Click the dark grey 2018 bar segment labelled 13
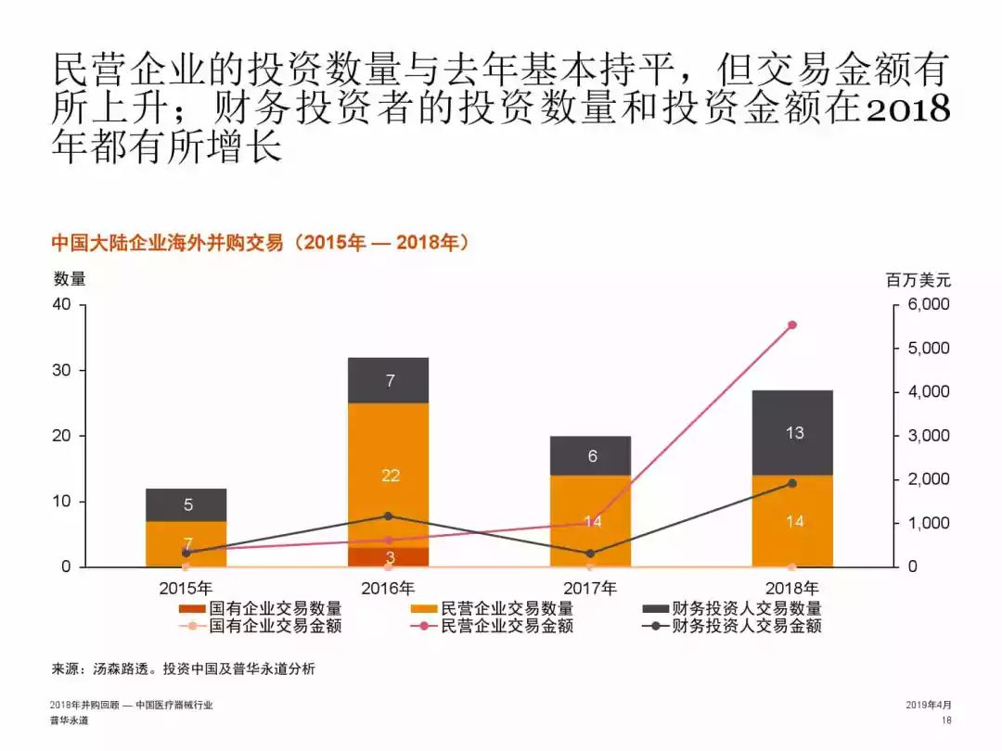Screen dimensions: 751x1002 793,432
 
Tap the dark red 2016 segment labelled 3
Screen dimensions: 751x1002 389,556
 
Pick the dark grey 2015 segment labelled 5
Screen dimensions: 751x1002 186,504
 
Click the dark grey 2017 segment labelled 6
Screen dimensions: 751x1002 591,455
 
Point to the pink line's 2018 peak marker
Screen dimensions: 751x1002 792,325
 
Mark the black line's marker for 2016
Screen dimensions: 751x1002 389,516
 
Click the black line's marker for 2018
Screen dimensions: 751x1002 792,483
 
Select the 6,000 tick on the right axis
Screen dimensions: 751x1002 928,304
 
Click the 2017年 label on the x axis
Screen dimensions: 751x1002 591,588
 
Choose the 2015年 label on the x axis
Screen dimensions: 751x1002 186,588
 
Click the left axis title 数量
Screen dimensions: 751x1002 70,278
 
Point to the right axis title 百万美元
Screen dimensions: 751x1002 918,280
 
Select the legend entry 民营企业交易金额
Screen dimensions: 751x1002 507,626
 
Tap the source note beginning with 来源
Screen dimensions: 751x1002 183,668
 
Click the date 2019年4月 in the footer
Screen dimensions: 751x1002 928,706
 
